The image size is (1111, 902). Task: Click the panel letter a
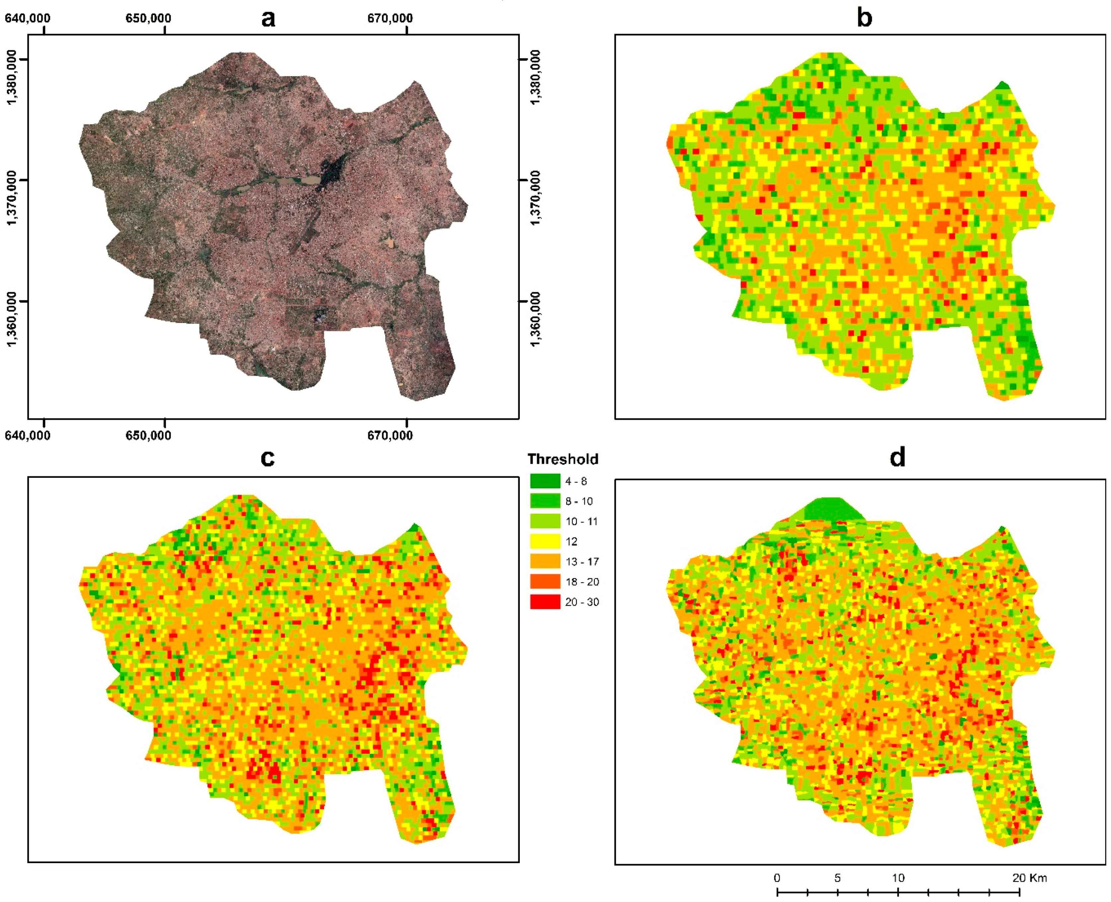268,19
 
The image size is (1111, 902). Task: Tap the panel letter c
267,458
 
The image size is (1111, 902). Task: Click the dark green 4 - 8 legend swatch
545,481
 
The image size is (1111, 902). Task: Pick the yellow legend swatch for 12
545,541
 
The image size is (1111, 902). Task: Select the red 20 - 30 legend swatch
545,602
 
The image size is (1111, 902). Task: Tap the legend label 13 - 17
582,562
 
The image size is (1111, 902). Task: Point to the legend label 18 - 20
582,582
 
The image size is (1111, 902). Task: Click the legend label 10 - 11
581,521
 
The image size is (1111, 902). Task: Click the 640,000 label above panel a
28,18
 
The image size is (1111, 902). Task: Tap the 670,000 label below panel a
390,436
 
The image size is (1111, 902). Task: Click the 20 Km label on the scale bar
1029,878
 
